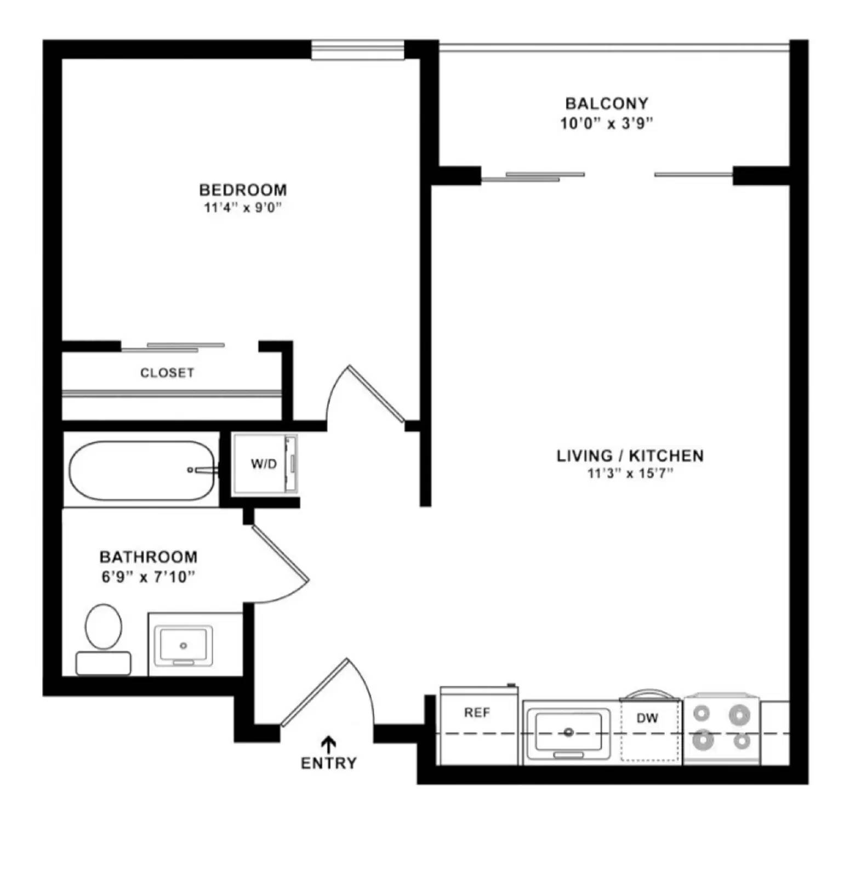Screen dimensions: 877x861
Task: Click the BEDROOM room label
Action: (x=242, y=190)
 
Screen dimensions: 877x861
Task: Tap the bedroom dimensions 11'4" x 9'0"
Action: (x=242, y=208)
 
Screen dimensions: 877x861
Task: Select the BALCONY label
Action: (x=606, y=103)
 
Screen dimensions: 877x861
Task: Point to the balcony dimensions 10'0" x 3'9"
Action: (x=606, y=123)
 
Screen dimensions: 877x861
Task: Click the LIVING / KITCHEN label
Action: (x=630, y=455)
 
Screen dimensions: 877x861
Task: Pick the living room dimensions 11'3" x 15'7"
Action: (x=630, y=473)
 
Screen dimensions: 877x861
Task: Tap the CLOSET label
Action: (x=167, y=373)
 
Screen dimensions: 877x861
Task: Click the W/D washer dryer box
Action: (x=264, y=464)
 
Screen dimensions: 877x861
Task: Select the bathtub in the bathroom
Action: (x=141, y=470)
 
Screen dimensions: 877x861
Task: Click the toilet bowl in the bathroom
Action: (x=104, y=627)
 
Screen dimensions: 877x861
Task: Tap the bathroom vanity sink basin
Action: (x=183, y=645)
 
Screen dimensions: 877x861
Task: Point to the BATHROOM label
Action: (x=148, y=557)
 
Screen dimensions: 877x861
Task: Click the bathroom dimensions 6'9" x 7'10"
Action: (x=148, y=577)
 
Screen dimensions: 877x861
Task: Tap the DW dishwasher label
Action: (x=647, y=718)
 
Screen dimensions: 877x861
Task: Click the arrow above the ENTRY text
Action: (x=328, y=743)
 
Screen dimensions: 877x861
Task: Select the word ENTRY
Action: (x=328, y=763)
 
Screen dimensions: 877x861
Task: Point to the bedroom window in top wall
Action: (x=357, y=50)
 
